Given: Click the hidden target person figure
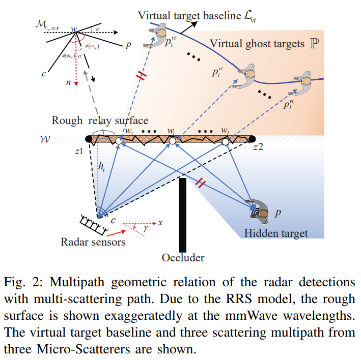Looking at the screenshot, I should tap(260, 209).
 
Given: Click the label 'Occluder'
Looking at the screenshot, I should tap(183, 258).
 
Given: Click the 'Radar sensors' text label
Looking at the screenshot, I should tap(93, 242).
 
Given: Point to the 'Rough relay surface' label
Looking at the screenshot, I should tap(100, 121).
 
